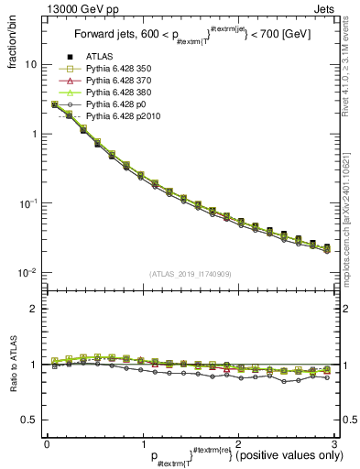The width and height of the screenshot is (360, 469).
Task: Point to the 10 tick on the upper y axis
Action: coord(30,65)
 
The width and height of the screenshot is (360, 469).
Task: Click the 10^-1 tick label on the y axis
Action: coord(27,203)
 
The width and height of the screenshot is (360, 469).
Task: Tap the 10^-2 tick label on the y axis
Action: coord(27,273)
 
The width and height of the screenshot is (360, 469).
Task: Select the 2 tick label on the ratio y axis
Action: coord(34,310)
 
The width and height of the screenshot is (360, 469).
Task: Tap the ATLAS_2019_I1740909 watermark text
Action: coord(189,274)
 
